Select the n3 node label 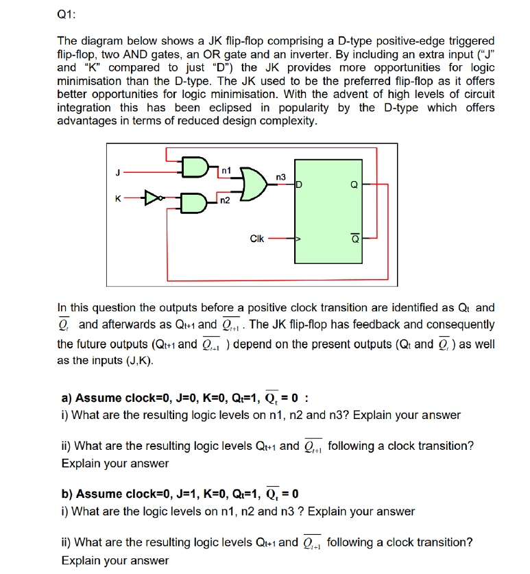pos(280,177)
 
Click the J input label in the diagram pos(119,172)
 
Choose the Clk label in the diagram pos(257,239)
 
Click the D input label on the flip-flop pos(300,184)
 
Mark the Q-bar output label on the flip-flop pos(354,239)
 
